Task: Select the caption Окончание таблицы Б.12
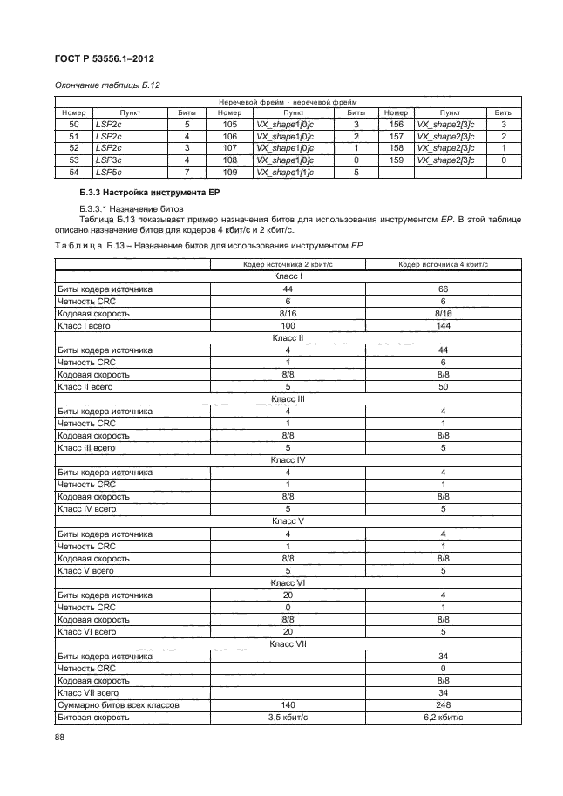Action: [105, 85]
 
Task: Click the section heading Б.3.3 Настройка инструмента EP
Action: [146, 191]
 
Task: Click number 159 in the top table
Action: [396, 161]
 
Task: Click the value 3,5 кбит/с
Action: [288, 717]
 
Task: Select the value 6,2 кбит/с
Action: [443, 717]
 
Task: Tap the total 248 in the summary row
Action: [443, 704]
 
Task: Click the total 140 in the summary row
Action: [288, 704]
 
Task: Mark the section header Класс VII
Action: [288, 643]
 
